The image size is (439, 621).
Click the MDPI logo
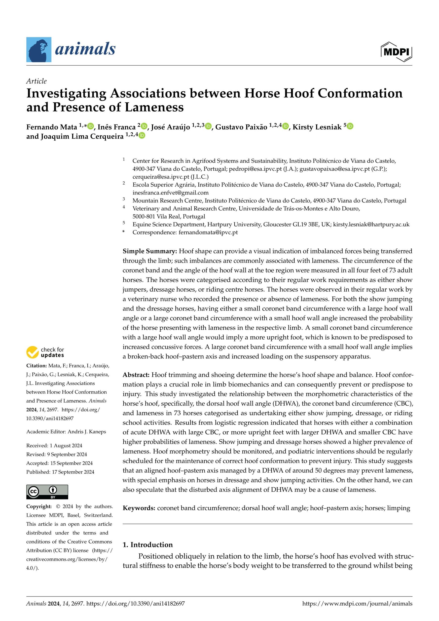(396, 52)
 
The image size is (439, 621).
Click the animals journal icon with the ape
(39, 50)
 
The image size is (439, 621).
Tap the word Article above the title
(36, 81)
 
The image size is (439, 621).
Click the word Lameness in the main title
(154, 107)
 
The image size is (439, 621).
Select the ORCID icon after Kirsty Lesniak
(350, 126)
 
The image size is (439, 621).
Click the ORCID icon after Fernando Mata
(91, 126)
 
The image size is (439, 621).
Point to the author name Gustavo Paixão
(241, 127)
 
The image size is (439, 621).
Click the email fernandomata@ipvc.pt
(208, 232)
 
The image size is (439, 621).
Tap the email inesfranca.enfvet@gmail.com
(170, 193)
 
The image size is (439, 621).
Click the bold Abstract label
(136, 375)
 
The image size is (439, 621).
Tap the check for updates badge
(45, 352)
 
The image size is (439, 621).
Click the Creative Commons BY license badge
(47, 492)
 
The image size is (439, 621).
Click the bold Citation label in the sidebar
(37, 366)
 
